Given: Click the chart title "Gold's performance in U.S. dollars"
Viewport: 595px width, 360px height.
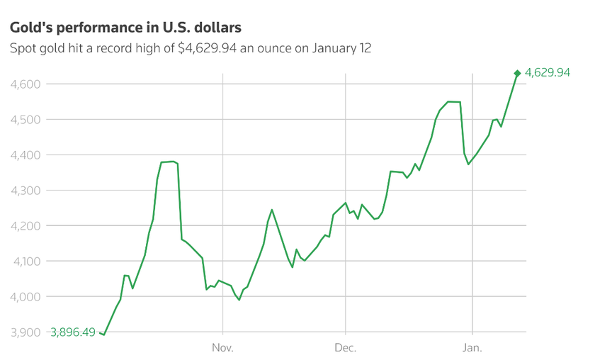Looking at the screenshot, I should [125, 28].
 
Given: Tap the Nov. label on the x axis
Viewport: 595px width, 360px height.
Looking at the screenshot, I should [222, 348].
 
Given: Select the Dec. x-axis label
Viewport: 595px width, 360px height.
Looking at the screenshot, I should [345, 348].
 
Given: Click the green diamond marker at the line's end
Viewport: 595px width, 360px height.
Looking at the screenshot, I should [517, 73].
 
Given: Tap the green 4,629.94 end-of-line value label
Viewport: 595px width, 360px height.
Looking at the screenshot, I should [548, 72].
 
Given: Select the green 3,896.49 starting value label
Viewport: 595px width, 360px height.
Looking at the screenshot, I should [73, 332].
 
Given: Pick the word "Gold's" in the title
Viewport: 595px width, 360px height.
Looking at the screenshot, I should [28, 28].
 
